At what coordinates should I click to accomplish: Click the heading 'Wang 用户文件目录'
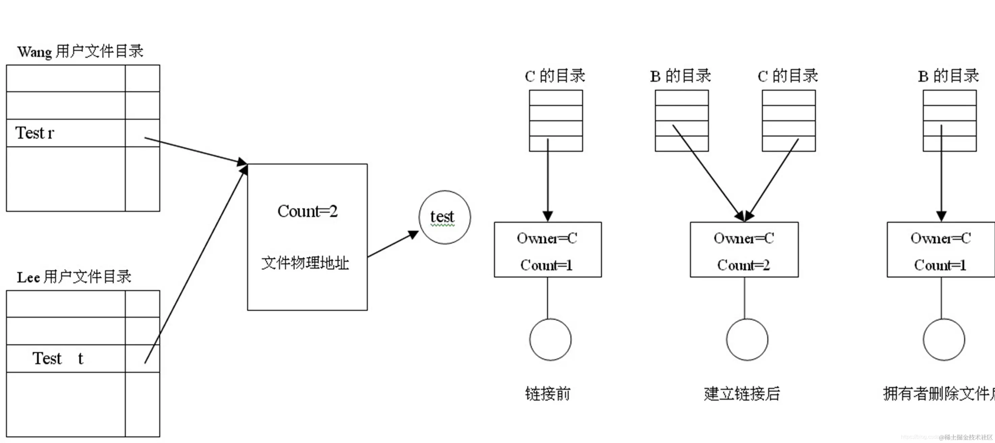80,51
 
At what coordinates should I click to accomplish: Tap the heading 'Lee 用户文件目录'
74,277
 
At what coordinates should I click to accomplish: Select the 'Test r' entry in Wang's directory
35,133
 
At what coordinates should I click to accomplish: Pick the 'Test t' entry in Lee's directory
58,358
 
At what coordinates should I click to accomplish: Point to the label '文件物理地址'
305,263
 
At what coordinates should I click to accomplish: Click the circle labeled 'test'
445,217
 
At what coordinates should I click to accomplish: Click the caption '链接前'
548,393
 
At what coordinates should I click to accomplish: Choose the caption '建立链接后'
742,393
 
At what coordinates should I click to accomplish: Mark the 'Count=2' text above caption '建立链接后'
743,265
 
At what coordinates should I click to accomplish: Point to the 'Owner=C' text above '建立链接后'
743,238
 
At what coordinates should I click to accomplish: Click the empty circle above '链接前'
550,339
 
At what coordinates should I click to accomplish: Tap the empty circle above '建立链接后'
747,339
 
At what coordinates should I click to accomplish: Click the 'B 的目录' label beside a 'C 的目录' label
681,76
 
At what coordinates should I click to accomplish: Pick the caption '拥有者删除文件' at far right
939,393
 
